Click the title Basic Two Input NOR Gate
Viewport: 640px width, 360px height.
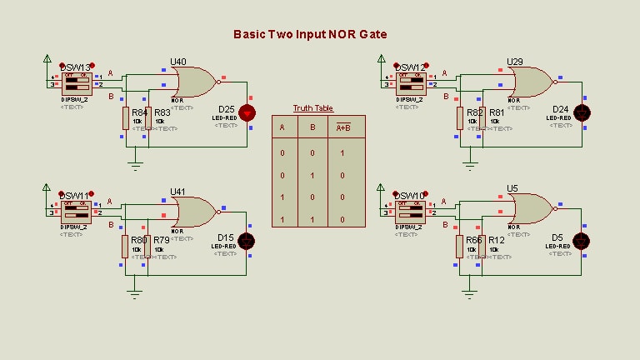pyautogui.click(x=309, y=34)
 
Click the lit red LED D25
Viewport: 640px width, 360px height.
pyautogui.click(x=247, y=112)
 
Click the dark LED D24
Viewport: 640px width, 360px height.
pyautogui.click(x=582, y=112)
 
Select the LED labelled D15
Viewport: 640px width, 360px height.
pyautogui.click(x=247, y=241)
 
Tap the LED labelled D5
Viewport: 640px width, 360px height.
pyautogui.click(x=582, y=241)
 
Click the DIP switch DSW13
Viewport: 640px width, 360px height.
pyautogui.click(x=76, y=83)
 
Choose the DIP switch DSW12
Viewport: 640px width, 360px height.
pyautogui.click(x=411, y=83)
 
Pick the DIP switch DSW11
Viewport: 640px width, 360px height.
pyautogui.click(x=76, y=212)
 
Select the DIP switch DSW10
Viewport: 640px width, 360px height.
pyautogui.click(x=411, y=212)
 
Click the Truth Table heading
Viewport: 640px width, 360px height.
pyautogui.click(x=312, y=108)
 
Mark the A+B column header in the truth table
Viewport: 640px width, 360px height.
pyautogui.click(x=342, y=127)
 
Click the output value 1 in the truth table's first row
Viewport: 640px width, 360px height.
pyautogui.click(x=342, y=153)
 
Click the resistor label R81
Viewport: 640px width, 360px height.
pyautogui.click(x=497, y=112)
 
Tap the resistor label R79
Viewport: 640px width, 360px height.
pyautogui.click(x=161, y=241)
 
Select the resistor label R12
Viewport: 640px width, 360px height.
pyautogui.click(x=497, y=241)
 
